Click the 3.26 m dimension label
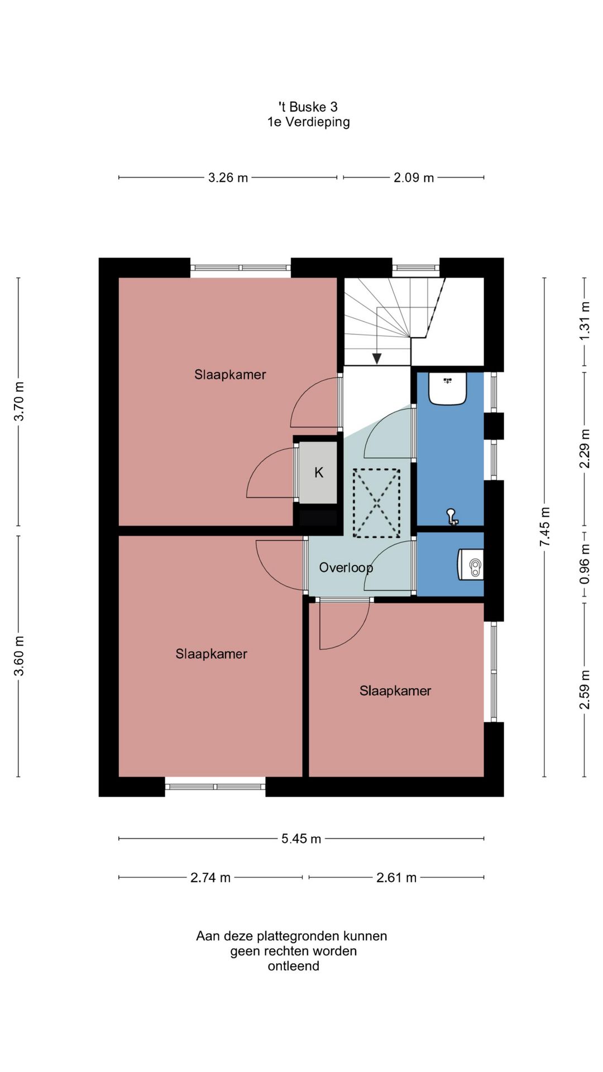coord(228,178)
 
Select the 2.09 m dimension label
coord(414,178)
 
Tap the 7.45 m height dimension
coord(545,527)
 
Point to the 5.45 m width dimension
coord(301,839)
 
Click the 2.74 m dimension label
coord(210,878)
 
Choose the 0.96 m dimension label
coord(585,564)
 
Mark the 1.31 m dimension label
coord(585,321)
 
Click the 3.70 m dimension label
coord(19,401)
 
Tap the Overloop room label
coord(346,568)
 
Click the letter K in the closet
coord(319,473)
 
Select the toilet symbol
coord(471,565)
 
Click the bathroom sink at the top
coord(447,389)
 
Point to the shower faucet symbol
coord(452,517)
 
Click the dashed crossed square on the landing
coord(377,504)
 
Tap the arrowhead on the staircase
coord(377,358)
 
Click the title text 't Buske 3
coord(308,107)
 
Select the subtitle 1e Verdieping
coord(309,122)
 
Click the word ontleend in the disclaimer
coord(294,966)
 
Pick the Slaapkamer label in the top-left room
coord(230,375)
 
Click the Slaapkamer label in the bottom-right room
coord(395,691)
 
